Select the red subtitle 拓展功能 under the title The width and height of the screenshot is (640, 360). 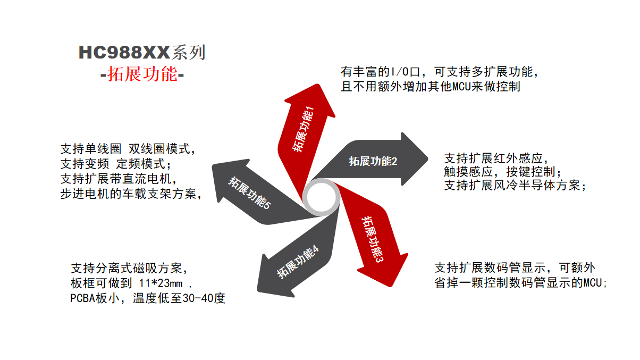pos(142,74)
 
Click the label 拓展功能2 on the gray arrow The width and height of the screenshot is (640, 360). pos(373,161)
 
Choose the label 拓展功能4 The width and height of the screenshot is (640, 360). pos(298,262)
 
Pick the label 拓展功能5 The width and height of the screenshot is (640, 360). pos(249,192)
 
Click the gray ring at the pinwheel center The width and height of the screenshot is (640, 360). pos(323,198)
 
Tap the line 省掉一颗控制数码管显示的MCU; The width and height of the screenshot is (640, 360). pos(521,282)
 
